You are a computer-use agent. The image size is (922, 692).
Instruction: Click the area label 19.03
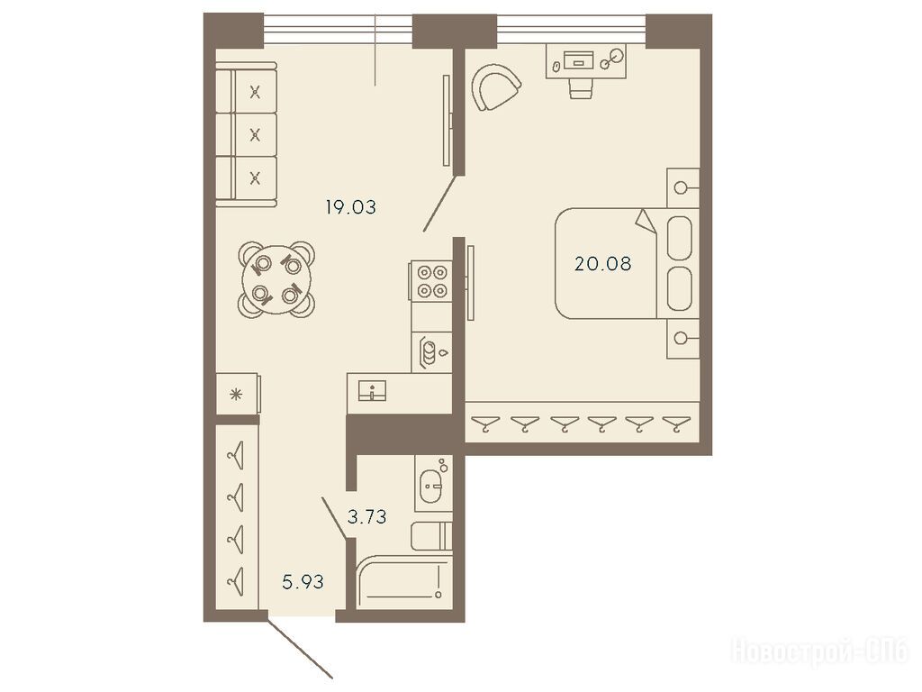pos(350,207)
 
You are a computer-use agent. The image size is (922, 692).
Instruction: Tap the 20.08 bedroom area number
pos(602,264)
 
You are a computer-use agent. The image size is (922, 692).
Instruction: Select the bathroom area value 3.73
pos(367,516)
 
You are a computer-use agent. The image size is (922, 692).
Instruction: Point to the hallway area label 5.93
pos(303,582)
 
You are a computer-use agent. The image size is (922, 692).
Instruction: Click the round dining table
pos(276,279)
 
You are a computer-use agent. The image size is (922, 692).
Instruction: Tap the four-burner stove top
pos(432,281)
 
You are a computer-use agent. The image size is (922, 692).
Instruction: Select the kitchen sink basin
pos(372,390)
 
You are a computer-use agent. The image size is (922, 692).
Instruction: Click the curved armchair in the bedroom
pos(495,87)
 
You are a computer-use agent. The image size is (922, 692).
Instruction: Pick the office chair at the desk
pos(581,88)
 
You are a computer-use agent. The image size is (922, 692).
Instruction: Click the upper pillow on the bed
pos(680,238)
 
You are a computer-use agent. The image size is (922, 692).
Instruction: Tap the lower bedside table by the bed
pos(682,339)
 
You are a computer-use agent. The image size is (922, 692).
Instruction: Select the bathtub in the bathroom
pos(404,583)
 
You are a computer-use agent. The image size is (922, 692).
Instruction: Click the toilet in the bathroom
pos(431,535)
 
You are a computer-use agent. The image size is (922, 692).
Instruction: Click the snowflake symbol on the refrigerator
pos(236,395)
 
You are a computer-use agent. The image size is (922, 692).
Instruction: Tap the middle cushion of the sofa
pos(255,135)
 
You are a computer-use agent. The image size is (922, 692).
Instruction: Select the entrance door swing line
pos(300,645)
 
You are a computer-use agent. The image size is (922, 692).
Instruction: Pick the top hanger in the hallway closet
pos(236,455)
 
